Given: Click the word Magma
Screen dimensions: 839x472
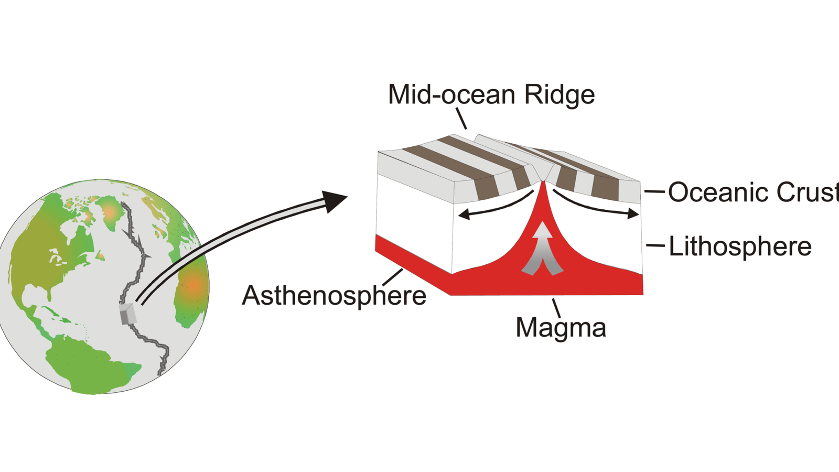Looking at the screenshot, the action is [x=561, y=327].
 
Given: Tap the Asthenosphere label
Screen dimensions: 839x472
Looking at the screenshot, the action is [x=334, y=296].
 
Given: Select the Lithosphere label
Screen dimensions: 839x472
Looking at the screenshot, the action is [x=740, y=246].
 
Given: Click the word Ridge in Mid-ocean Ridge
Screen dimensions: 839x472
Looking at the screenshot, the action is [x=560, y=95].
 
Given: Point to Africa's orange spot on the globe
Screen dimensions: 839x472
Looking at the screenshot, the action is [x=193, y=286].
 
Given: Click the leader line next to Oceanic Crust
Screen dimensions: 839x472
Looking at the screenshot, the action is [x=654, y=192].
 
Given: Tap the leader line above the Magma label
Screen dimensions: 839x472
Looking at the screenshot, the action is [x=556, y=308].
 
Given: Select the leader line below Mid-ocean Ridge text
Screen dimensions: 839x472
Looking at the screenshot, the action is [x=461, y=118].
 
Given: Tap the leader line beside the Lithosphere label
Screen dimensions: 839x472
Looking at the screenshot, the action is [x=655, y=245].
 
